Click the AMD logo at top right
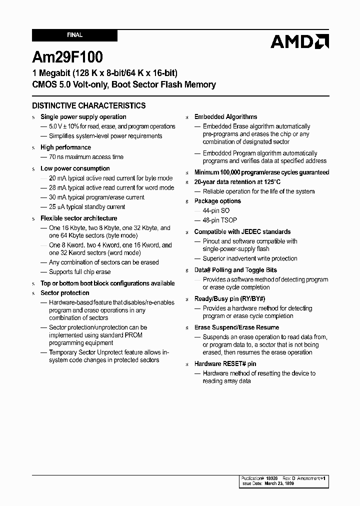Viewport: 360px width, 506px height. (299, 41)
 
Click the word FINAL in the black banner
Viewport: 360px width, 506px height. (74, 35)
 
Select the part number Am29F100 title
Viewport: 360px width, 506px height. (67, 57)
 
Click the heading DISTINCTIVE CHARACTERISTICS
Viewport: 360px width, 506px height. (89, 105)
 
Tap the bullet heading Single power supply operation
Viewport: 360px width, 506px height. (83, 117)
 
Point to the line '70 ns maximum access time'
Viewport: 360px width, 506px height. (86, 157)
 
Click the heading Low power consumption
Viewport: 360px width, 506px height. (75, 168)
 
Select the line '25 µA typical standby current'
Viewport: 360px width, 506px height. (87, 207)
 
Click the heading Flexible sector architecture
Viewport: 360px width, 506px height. (78, 218)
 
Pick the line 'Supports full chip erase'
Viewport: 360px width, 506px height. (80, 272)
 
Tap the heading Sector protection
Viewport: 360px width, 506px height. (64, 293)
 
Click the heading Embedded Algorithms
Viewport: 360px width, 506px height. (225, 117)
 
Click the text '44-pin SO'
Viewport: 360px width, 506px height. (216, 211)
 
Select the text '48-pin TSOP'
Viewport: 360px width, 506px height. (220, 220)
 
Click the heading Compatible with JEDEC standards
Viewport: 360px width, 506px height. (242, 232)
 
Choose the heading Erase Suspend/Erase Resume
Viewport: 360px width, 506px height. (236, 327)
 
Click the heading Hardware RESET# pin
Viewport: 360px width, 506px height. (225, 364)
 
